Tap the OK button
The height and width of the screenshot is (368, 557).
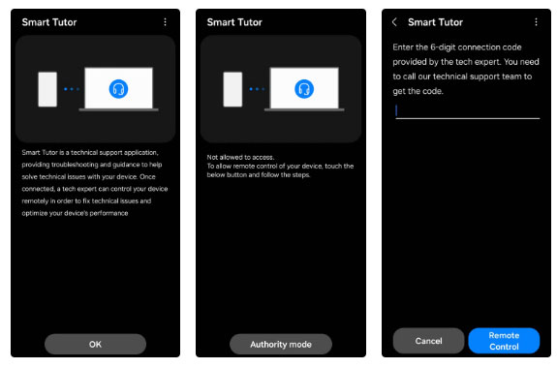click(x=95, y=344)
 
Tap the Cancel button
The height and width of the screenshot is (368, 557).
click(x=428, y=340)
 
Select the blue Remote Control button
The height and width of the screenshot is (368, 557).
click(x=504, y=340)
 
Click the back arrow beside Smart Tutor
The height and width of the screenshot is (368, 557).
click(x=394, y=21)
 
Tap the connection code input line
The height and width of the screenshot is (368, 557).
click(x=467, y=111)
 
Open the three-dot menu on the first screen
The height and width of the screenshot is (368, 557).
click(x=165, y=21)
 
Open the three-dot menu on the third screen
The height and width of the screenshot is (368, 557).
click(x=536, y=21)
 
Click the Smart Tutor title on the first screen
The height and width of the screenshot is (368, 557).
click(x=49, y=21)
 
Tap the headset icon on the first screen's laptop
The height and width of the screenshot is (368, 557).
click(x=119, y=89)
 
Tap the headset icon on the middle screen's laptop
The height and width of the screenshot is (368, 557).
click(x=304, y=89)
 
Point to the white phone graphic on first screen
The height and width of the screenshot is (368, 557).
click(x=47, y=89)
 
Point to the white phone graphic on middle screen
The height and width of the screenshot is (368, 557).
click(x=232, y=89)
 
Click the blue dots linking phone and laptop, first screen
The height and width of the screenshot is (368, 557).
click(x=71, y=89)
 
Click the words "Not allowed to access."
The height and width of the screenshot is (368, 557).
click(x=241, y=157)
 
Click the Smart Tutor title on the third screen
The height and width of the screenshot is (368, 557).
click(x=435, y=21)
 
